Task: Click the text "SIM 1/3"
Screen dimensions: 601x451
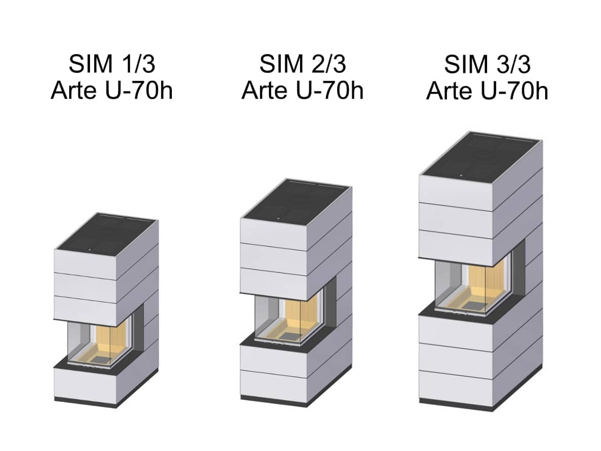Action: [x=112, y=64]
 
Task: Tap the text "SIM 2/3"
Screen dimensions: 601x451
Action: [x=303, y=64]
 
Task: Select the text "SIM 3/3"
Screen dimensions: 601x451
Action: [x=488, y=64]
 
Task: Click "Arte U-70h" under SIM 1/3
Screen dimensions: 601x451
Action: [x=112, y=91]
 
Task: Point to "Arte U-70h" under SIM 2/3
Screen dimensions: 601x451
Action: [x=303, y=91]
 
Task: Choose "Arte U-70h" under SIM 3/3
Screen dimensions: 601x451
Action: [x=488, y=91]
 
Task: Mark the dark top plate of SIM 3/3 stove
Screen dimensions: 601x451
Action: [x=482, y=155]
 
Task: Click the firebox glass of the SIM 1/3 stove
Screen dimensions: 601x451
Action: [x=101, y=343]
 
